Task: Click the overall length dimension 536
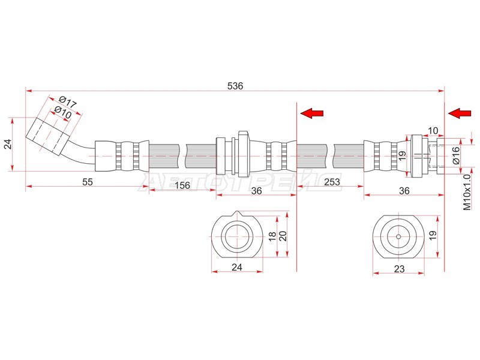tap(235, 86)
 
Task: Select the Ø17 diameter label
tap(67, 101)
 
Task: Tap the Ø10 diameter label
tap(63, 112)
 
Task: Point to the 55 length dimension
tap(87, 182)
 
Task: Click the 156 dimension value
tap(182, 185)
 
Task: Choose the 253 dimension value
tap(332, 182)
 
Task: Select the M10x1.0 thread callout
tap(467, 192)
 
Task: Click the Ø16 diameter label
tap(456, 155)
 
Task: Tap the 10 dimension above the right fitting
tap(433, 131)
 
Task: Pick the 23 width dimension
tap(399, 269)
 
